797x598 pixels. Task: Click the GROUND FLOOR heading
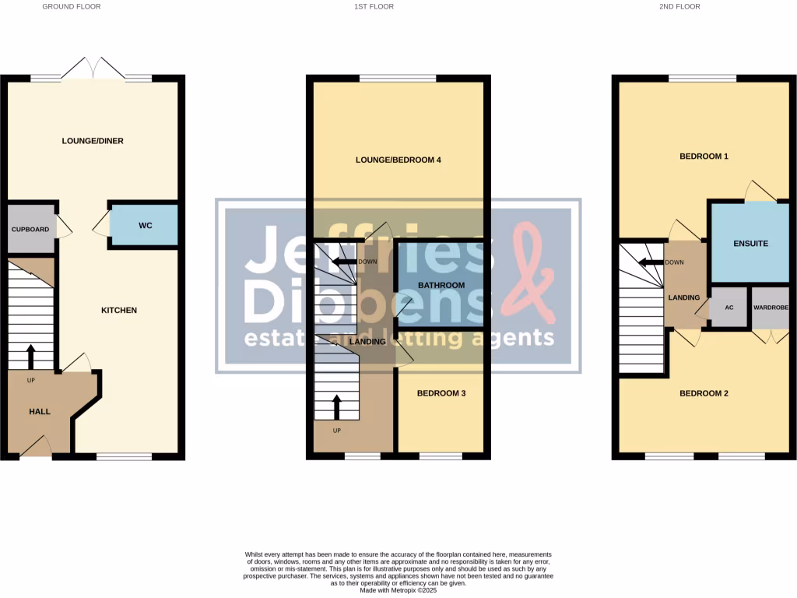tap(71, 6)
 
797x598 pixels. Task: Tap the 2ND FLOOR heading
tap(680, 6)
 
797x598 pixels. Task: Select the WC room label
tap(145, 226)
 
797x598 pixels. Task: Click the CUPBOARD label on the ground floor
tap(30, 230)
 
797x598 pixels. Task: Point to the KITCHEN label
tap(119, 311)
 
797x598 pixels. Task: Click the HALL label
tap(40, 411)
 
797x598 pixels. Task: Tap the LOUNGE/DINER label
tap(93, 141)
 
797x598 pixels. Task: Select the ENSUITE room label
tap(750, 244)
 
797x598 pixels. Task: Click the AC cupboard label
tap(729, 308)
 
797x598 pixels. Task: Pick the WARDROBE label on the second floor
tap(771, 308)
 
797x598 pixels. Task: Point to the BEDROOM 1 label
tap(704, 157)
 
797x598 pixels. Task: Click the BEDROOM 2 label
tap(704, 393)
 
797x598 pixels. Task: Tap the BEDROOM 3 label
tap(441, 393)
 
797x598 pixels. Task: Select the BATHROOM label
tap(441, 285)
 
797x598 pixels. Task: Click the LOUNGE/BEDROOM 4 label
tap(398, 160)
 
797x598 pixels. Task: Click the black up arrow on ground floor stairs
tap(31, 357)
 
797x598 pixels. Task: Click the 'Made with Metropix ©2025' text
tap(398, 589)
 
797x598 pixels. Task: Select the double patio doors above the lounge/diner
tap(93, 69)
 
